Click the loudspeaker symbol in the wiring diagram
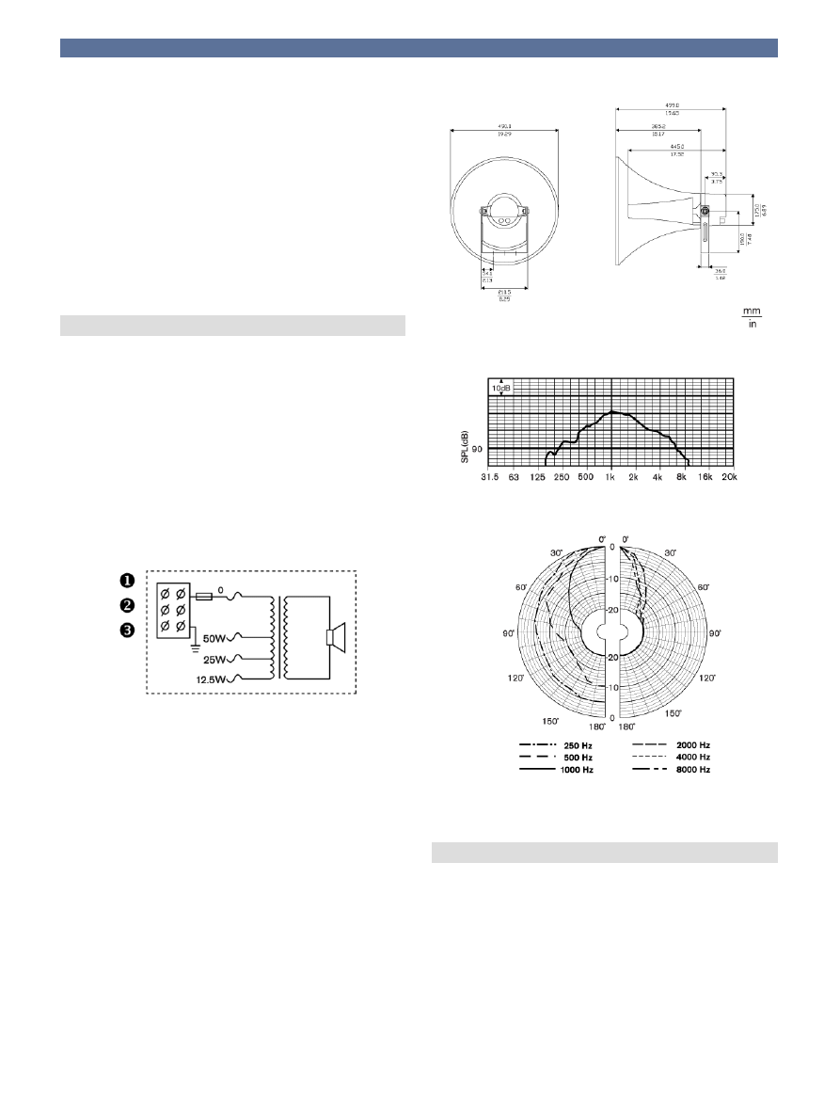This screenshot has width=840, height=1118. pos(336,637)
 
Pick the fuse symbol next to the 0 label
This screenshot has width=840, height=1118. pos(204,596)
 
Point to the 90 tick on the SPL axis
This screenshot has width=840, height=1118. pos(477,450)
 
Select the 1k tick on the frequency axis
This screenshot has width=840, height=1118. pos(611,477)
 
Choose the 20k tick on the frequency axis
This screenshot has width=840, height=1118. pos(731,477)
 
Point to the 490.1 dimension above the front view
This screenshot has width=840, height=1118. pos(504,130)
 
